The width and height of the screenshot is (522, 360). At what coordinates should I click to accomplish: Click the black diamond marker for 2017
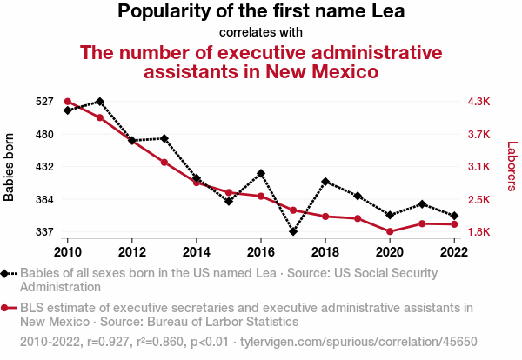pyautogui.click(x=293, y=232)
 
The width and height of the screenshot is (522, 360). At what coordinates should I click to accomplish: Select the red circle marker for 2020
pyautogui.click(x=390, y=231)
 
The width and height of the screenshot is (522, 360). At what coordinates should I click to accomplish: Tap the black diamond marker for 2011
pyautogui.click(x=100, y=102)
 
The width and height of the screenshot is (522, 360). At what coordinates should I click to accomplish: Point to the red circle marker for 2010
pyautogui.click(x=68, y=102)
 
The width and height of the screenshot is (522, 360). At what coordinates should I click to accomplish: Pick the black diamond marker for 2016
pyautogui.click(x=261, y=173)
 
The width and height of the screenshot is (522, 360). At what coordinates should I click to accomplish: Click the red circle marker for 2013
pyautogui.click(x=164, y=163)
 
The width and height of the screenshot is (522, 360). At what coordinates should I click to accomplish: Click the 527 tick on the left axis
pyautogui.click(x=45, y=102)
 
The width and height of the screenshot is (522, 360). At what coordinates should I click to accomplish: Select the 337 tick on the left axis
pyautogui.click(x=45, y=232)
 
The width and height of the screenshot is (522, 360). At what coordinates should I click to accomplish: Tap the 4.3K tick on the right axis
pyautogui.click(x=479, y=102)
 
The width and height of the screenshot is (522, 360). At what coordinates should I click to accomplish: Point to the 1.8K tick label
pyautogui.click(x=479, y=232)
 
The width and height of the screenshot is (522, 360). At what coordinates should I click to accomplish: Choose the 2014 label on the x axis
pyautogui.click(x=197, y=252)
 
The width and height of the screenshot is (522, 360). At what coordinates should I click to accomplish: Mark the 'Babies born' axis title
pyautogui.click(x=10, y=167)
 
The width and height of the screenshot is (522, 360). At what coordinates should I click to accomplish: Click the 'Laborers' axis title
pyautogui.click(x=512, y=167)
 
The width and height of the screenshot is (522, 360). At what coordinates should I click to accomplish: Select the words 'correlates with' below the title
pyautogui.click(x=260, y=32)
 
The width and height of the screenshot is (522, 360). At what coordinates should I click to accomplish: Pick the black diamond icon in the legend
pyautogui.click(x=7, y=273)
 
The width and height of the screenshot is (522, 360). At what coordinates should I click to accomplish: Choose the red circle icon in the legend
pyautogui.click(x=7, y=308)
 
